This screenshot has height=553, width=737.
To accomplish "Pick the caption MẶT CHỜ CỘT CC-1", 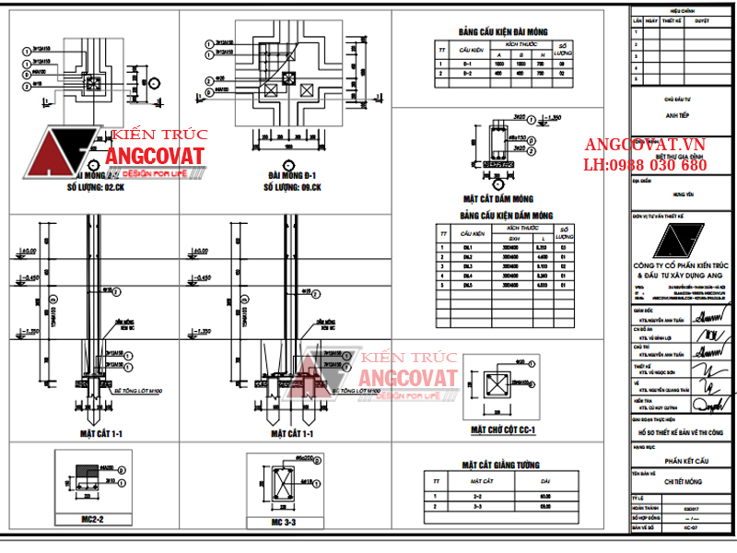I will (503, 429).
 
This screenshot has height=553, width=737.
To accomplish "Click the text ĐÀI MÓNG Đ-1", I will (292, 174).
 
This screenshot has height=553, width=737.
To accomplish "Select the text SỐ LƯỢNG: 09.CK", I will (292, 186).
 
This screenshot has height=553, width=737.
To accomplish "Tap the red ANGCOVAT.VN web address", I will (646, 145).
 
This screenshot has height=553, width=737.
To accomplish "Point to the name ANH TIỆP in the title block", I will (679, 117).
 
